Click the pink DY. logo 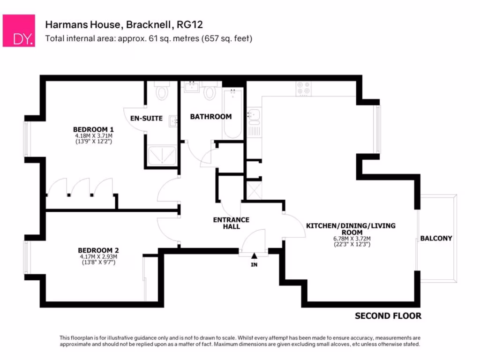(x=19, y=30)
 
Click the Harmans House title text (x=124, y=24)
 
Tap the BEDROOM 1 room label (x=94, y=129)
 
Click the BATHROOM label (x=210, y=117)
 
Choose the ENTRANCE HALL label (x=231, y=223)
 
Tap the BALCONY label (x=436, y=238)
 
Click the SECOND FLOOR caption (x=388, y=316)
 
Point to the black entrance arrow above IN (x=254, y=256)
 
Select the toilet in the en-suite (x=162, y=91)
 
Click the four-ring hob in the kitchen (x=304, y=89)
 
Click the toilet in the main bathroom (x=210, y=92)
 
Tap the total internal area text (x=149, y=38)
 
